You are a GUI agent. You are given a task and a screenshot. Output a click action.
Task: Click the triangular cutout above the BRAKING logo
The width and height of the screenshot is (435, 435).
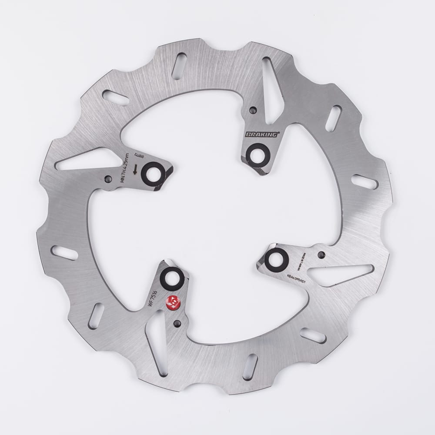(x=273, y=94)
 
